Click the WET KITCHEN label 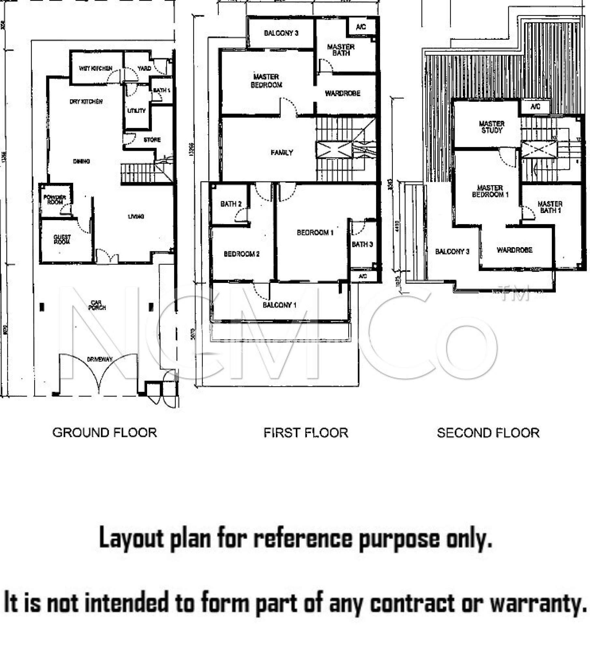(x=96, y=68)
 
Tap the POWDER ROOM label (x=54, y=199)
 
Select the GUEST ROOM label (x=62, y=239)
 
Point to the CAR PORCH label (x=97, y=305)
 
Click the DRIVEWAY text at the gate (x=100, y=359)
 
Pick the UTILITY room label (x=136, y=111)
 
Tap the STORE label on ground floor (x=152, y=140)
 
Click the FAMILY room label (x=282, y=153)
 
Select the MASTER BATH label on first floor (x=341, y=50)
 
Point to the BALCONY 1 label (x=279, y=305)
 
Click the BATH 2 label (x=231, y=204)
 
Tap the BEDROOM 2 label (x=241, y=254)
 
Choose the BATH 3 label (x=362, y=244)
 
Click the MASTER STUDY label (x=491, y=127)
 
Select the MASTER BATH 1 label (x=550, y=207)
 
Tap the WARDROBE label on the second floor (x=514, y=250)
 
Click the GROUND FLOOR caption (x=105, y=433)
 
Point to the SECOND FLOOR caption (x=488, y=433)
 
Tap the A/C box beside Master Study (x=535, y=106)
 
